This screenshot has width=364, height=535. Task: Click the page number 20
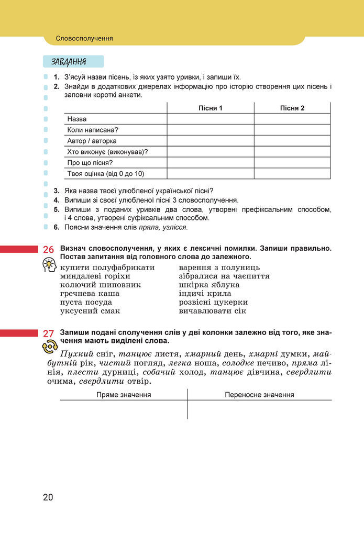(x=48, y=497)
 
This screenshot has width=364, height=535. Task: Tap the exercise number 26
(x=49, y=250)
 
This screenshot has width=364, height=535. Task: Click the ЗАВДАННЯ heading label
(x=69, y=62)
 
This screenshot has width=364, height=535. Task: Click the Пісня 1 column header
(x=211, y=108)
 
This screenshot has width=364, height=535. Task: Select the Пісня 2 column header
(x=292, y=108)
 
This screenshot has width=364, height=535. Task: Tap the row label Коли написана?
(x=93, y=130)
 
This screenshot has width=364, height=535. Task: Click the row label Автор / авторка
(x=92, y=141)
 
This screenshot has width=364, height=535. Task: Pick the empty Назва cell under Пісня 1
(x=211, y=119)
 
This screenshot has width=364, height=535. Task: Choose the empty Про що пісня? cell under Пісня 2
(x=292, y=162)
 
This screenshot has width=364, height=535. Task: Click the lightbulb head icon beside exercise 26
(x=49, y=266)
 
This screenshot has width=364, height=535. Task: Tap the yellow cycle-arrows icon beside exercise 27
(x=49, y=346)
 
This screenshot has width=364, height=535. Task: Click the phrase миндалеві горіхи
(x=95, y=276)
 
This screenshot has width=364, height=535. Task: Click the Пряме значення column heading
(x=124, y=395)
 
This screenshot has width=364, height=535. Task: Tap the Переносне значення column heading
(x=259, y=395)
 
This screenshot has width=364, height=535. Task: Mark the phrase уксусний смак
(x=90, y=311)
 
